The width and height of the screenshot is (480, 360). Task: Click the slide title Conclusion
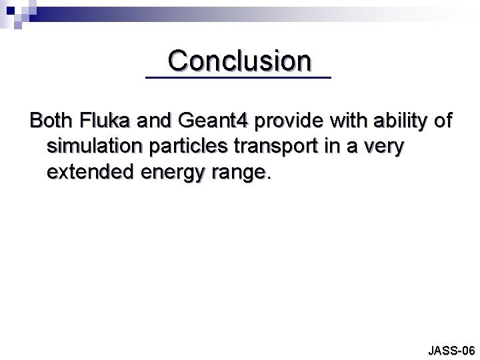(x=239, y=61)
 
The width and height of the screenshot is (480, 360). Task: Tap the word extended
(x=89, y=173)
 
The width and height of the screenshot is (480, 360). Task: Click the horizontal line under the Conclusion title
(x=238, y=79)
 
